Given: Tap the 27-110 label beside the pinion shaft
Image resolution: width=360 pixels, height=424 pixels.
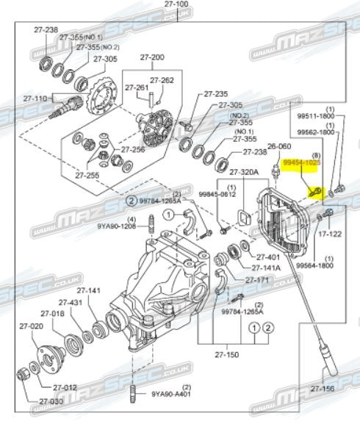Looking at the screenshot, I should (x=35, y=97).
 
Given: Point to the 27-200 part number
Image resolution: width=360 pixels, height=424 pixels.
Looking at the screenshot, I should (x=154, y=57).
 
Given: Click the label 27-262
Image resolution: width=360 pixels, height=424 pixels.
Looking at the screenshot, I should (x=162, y=81).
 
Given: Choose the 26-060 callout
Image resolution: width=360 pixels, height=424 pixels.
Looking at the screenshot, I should (x=279, y=147).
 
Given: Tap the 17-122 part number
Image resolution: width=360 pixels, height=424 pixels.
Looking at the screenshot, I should (x=328, y=234).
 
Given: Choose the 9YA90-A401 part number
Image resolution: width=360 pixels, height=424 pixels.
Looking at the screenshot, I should (x=173, y=394).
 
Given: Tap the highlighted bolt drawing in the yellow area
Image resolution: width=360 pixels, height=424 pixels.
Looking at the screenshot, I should (x=314, y=191).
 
